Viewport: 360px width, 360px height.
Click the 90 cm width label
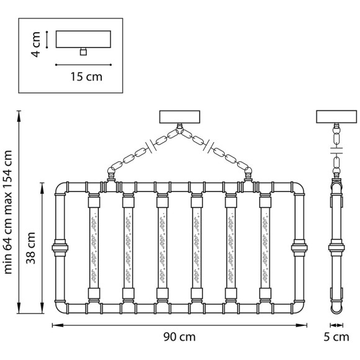click(x=179, y=337)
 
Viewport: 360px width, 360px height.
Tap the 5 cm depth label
click(x=336, y=337)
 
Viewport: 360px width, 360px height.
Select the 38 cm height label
click(x=31, y=248)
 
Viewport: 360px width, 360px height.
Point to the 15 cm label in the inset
click(x=86, y=77)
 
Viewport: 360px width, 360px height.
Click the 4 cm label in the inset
click(x=36, y=44)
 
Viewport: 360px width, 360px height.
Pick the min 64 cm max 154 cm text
click(x=8, y=212)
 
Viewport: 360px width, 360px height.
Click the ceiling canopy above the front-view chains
click(x=179, y=117)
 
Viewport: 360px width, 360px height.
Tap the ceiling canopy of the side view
click(x=336, y=117)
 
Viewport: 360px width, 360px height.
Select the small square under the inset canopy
click(x=83, y=52)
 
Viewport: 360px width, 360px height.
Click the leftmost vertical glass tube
click(x=94, y=248)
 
